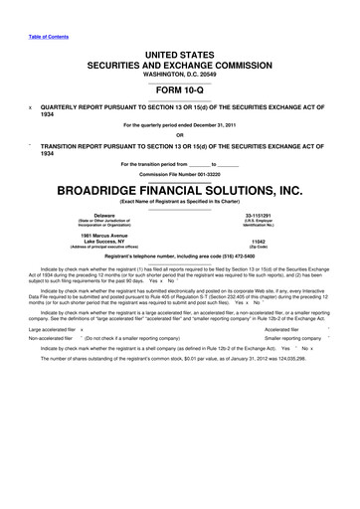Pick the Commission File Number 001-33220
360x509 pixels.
(x=210, y=174)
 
